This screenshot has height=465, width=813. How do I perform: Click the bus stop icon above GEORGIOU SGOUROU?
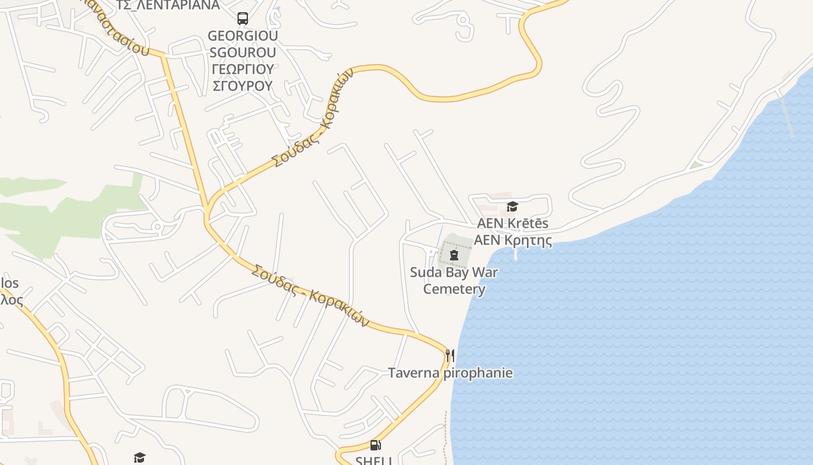243,19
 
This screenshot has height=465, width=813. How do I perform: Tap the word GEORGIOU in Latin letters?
243,35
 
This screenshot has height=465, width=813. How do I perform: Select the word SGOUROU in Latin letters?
243,52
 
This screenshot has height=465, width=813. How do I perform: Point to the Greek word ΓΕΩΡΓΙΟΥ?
243,69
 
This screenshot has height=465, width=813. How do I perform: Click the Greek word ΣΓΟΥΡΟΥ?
243,86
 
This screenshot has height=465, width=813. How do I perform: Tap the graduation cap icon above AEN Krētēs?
512,206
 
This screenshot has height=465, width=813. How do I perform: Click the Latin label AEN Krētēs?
513,223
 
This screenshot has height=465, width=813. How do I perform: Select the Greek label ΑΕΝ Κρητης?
513,240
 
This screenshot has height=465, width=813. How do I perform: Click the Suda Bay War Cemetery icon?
454,255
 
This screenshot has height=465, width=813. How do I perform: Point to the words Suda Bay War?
454,272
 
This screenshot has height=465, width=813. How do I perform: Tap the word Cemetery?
454,289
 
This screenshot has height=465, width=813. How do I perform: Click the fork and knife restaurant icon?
450,355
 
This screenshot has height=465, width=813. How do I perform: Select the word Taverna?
414,373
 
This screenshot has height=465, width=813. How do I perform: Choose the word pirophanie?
478,373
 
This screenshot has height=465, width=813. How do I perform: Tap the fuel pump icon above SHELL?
376,446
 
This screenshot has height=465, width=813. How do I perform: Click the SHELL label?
375,460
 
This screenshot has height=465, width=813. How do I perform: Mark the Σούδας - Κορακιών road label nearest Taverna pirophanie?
311,295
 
